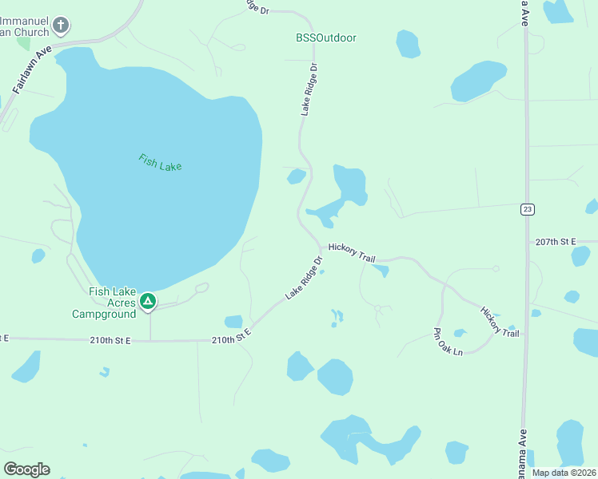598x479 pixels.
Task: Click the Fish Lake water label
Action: point(160,162)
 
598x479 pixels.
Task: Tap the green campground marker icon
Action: point(147,301)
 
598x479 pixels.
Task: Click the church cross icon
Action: point(60,26)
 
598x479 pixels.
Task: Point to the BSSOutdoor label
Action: point(325,38)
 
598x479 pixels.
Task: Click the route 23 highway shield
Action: point(527,209)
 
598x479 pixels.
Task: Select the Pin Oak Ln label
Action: point(448,341)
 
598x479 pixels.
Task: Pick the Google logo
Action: point(26,469)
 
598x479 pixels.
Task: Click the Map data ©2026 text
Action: point(563,472)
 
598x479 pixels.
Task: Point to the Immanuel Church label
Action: point(24,26)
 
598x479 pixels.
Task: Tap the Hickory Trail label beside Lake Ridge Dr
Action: point(351,254)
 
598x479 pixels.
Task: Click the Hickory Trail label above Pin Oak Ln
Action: point(499,321)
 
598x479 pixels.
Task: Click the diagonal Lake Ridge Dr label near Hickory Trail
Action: point(303,279)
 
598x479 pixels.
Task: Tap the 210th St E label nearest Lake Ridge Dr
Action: point(231,340)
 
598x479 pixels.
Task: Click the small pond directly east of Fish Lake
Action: point(296,176)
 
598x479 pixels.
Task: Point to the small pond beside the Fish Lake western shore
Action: point(38,255)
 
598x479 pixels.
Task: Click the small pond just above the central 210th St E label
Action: point(233,322)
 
